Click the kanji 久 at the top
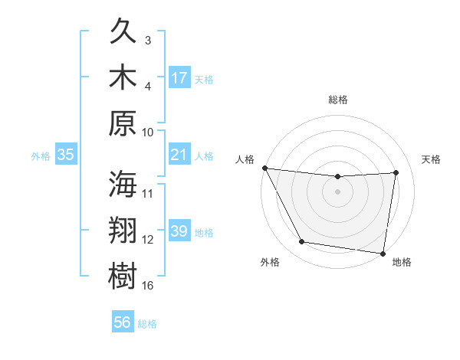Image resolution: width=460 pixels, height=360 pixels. click(x=123, y=33)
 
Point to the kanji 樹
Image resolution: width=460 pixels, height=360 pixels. click(x=123, y=274)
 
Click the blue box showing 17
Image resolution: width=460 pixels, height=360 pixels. click(x=179, y=78)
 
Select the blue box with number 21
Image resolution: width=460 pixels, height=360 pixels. click(x=179, y=155)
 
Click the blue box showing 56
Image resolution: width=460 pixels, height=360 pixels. click(x=123, y=322)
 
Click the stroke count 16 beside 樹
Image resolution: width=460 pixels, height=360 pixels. click(x=149, y=286)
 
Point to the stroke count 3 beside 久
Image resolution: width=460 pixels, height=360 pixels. click(x=149, y=40)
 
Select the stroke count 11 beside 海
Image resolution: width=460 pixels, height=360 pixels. click(x=149, y=193)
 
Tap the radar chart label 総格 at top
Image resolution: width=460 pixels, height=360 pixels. click(x=338, y=100)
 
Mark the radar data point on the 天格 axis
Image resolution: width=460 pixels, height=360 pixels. click(x=396, y=172)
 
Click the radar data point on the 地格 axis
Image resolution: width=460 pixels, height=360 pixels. click(x=383, y=253)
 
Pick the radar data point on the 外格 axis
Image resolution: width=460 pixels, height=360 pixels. click(x=302, y=242)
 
